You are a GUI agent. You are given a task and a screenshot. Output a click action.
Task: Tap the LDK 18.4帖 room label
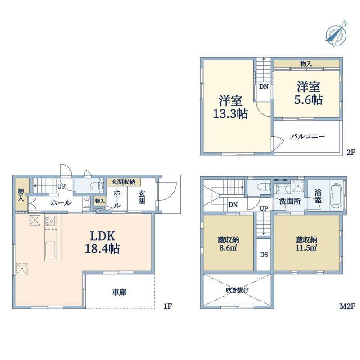click(x=103, y=242)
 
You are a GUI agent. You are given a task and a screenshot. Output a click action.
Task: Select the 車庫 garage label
click(x=119, y=292)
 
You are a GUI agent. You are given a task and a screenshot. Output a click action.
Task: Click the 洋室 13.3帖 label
click(x=230, y=107)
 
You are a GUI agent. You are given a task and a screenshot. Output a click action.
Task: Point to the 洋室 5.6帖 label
click(x=308, y=93)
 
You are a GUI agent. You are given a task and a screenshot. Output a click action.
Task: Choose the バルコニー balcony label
click(x=308, y=136)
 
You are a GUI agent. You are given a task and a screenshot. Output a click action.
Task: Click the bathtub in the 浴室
click(x=336, y=195)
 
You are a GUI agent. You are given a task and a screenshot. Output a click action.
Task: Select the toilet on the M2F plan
click(x=264, y=186)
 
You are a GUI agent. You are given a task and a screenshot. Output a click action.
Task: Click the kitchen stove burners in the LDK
click(x=50, y=221)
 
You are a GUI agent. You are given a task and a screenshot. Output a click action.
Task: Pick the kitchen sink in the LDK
click(x=50, y=250)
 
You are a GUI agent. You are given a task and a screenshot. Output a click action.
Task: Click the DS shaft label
click(x=264, y=255)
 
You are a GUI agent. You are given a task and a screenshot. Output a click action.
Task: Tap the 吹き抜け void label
click(x=237, y=290)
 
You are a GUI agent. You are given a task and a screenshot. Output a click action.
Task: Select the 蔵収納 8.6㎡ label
click(x=228, y=244)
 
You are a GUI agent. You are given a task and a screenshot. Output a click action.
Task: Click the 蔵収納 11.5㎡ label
click(x=306, y=243)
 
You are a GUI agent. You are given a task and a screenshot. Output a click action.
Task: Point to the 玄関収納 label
click(x=123, y=182)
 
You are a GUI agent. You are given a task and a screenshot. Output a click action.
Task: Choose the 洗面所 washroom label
click(x=290, y=201)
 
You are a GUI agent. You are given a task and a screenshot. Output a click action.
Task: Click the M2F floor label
click(x=347, y=306)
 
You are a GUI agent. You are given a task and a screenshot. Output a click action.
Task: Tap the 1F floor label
click(x=167, y=306)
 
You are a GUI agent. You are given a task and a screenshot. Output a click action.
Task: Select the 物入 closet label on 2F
click(x=306, y=64)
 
